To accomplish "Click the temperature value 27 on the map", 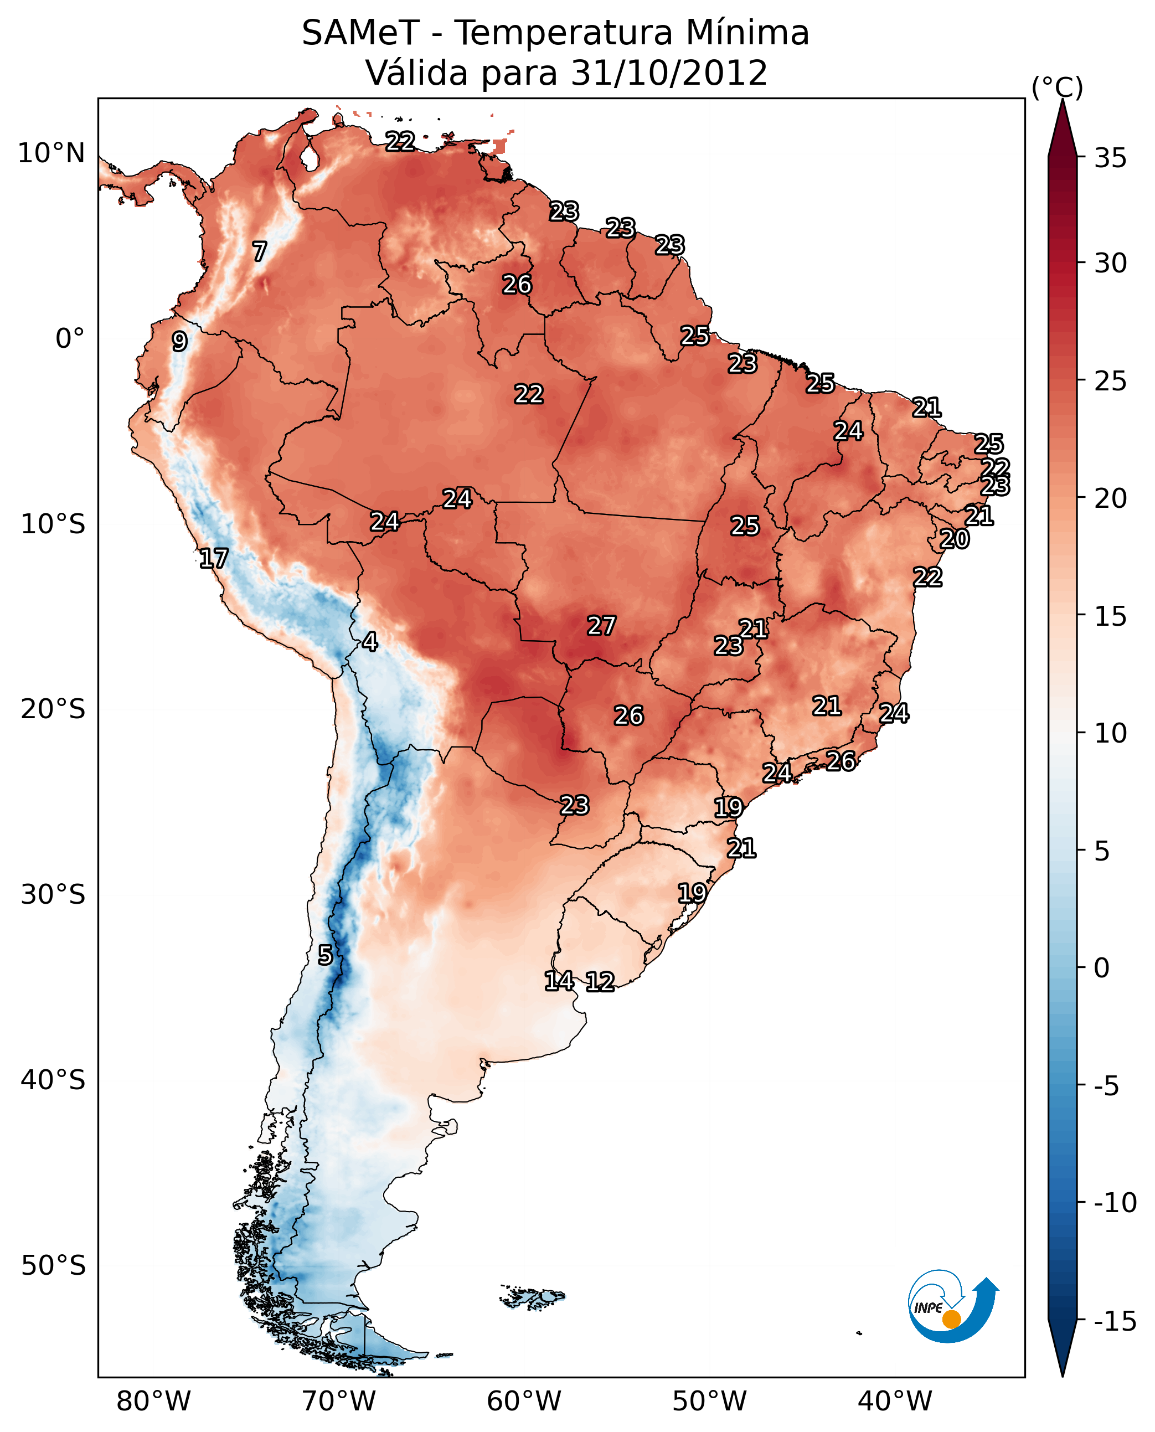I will tap(601, 626).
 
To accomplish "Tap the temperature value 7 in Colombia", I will tap(260, 251).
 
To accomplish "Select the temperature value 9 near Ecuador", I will tap(179, 341).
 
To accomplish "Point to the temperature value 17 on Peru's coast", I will tap(214, 558).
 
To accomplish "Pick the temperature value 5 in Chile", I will tap(324, 955).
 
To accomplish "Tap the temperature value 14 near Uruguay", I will tap(559, 980).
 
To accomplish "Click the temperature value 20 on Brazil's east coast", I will tap(954, 539).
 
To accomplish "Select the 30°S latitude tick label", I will tap(53, 894).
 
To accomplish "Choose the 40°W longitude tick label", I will tap(895, 1402).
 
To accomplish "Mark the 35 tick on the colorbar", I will tap(1110, 158).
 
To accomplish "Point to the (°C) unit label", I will tap(1057, 87).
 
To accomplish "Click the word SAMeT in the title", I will tap(360, 33).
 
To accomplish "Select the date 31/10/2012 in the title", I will tap(669, 73).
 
